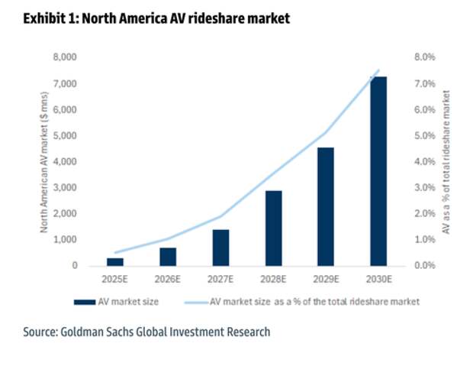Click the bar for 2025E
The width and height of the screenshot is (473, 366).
115,261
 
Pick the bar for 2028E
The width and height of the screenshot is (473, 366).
273,228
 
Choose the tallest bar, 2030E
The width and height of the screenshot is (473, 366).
378,171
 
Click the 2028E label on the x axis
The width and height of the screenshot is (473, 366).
273,279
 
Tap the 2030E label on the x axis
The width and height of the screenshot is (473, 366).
378,279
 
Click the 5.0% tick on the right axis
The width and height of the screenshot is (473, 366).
423,136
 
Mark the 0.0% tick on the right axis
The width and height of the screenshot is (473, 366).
423,266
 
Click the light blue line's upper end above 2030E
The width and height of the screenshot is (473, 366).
378,70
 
